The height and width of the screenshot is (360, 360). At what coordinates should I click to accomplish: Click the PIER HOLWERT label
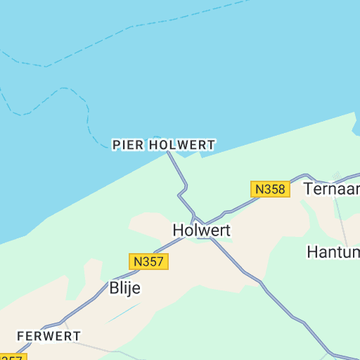coord(164,145)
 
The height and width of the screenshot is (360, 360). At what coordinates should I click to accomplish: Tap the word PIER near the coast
coord(127,145)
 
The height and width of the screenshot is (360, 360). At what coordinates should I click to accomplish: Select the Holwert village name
coord(202,230)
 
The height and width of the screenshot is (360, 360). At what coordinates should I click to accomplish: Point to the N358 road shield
coord(270,189)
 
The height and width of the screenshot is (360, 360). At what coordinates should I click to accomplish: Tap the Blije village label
coord(125,288)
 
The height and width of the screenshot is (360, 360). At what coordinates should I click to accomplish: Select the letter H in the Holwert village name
coord(179,230)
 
